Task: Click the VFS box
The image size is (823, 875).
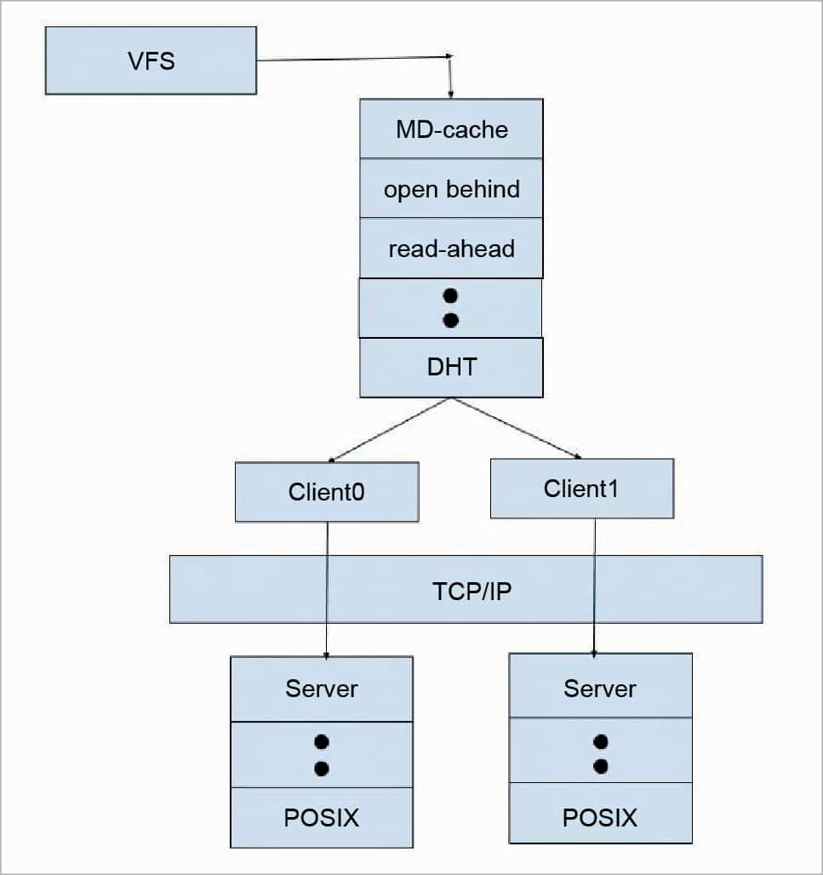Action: click(x=151, y=60)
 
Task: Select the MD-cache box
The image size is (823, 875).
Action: click(x=451, y=129)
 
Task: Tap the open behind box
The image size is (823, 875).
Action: click(x=451, y=189)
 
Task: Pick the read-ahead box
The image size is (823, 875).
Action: click(x=451, y=249)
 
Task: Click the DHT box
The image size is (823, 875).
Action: click(x=451, y=368)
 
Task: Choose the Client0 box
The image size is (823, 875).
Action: click(x=327, y=492)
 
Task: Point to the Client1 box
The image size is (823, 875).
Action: click(x=582, y=489)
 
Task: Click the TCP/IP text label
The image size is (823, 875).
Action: click(x=465, y=590)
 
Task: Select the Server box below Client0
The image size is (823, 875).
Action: click(x=322, y=689)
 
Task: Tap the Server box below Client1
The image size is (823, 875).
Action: click(x=600, y=687)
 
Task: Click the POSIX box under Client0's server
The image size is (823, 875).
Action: click(x=322, y=818)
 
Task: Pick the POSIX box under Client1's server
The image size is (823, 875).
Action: click(x=600, y=817)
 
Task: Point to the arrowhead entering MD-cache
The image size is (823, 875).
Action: click(x=450, y=94)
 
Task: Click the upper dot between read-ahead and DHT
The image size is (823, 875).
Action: click(x=451, y=295)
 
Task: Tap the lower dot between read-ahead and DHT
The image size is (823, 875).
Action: click(x=451, y=320)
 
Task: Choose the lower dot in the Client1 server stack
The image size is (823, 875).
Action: click(x=600, y=766)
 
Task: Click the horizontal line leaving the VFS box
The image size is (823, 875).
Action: click(x=353, y=59)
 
